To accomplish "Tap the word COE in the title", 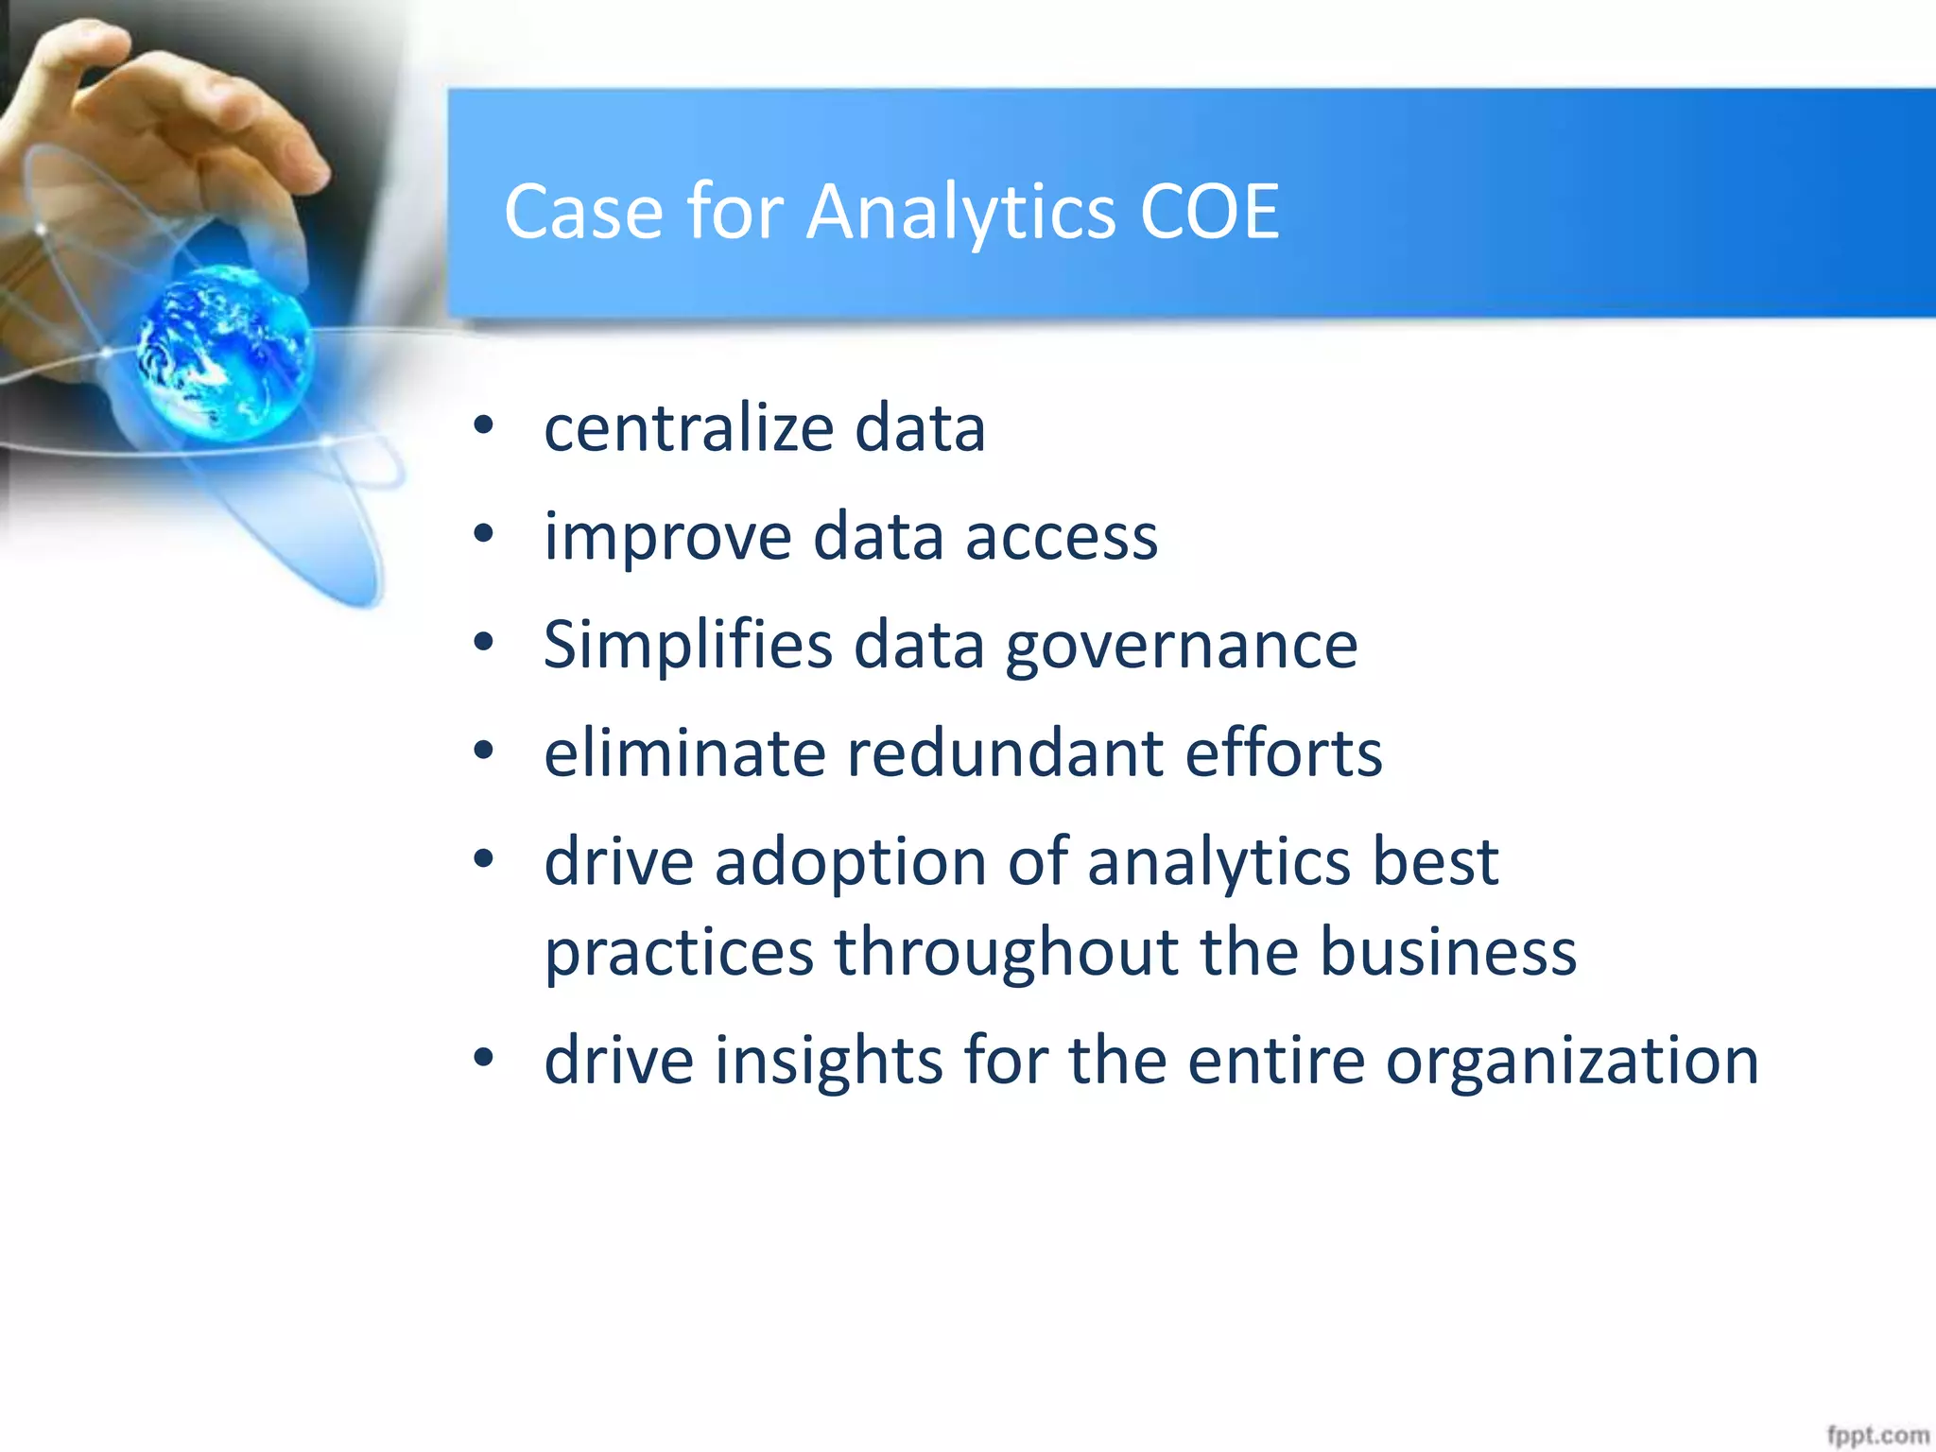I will [x=1210, y=213].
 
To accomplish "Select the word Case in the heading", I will [x=583, y=213].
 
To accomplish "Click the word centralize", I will [x=688, y=428].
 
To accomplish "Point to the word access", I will [x=1061, y=537].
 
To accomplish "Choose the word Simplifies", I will [x=688, y=645].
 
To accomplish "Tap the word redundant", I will [x=1004, y=753].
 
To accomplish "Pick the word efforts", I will [x=1284, y=753].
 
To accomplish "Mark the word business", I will [x=1447, y=952].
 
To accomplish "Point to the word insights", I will [x=828, y=1061].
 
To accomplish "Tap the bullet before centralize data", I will [x=484, y=426].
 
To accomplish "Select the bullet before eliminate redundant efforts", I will [x=484, y=752].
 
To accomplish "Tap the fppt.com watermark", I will [x=1876, y=1435].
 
